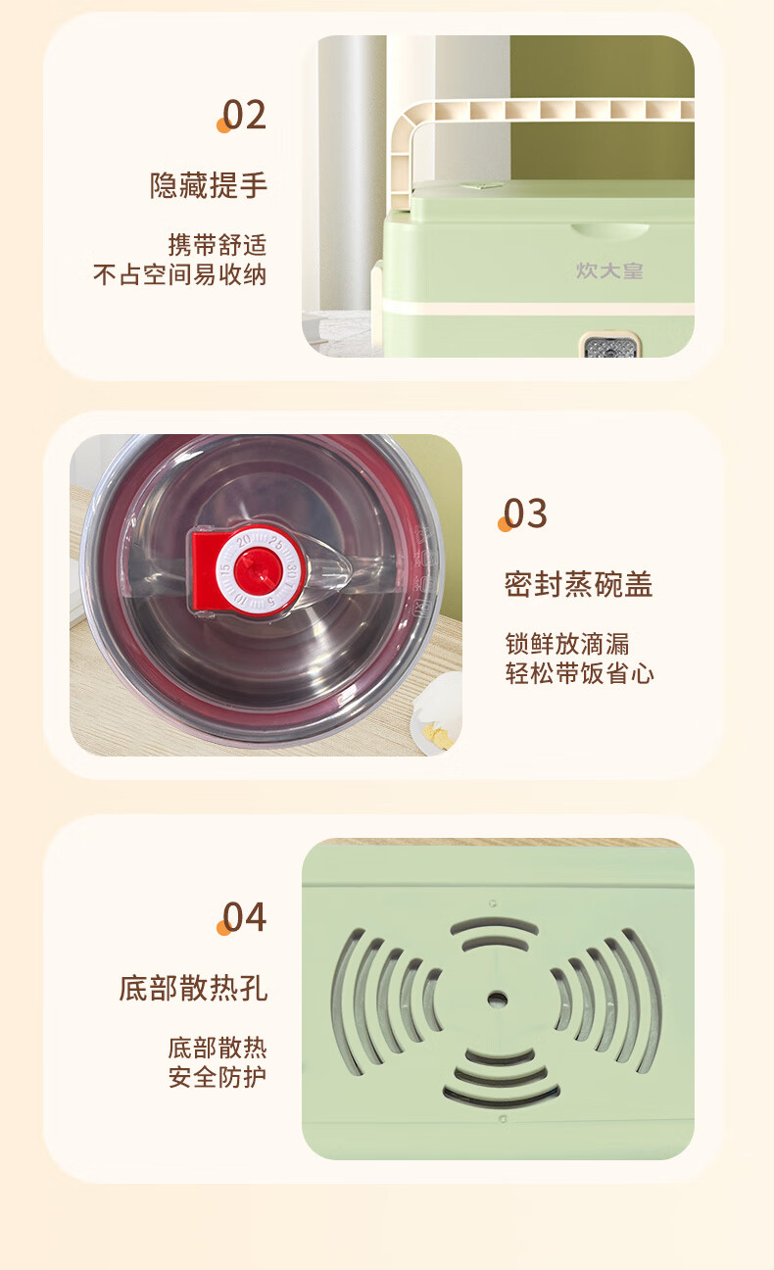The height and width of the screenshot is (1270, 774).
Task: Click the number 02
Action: pos(244,115)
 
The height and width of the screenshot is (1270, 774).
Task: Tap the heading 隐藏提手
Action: pos(208,185)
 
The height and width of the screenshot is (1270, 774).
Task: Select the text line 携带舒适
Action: pos(218,245)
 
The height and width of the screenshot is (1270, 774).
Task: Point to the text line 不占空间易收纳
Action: pos(179,275)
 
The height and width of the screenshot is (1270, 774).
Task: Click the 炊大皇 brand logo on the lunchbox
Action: pos(609,271)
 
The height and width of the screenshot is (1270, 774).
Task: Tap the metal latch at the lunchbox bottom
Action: pos(610,345)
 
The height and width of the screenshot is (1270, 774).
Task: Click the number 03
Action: pos(525,513)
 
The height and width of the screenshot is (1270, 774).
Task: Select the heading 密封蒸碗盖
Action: pos(578,585)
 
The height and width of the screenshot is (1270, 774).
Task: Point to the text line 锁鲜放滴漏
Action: pos(567,644)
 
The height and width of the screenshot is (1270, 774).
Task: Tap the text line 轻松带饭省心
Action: pos(579,673)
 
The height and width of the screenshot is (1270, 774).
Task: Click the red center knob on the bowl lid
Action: pos(258,571)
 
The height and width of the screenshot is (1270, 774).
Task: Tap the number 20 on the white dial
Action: pos(244,541)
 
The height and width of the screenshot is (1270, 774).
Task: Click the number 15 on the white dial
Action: pos(225,569)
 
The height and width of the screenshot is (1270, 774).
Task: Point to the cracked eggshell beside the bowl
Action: pos(439,711)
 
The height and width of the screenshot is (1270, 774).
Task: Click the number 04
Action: pos(244,917)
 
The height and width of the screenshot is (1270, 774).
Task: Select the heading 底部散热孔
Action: pos(193,988)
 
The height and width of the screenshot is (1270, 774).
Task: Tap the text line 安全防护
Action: pos(218,1077)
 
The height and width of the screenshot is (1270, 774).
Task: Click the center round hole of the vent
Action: pos(498,999)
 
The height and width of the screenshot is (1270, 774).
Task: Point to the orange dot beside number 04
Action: pos(223,928)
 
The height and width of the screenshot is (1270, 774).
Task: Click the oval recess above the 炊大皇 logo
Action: pos(609,229)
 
